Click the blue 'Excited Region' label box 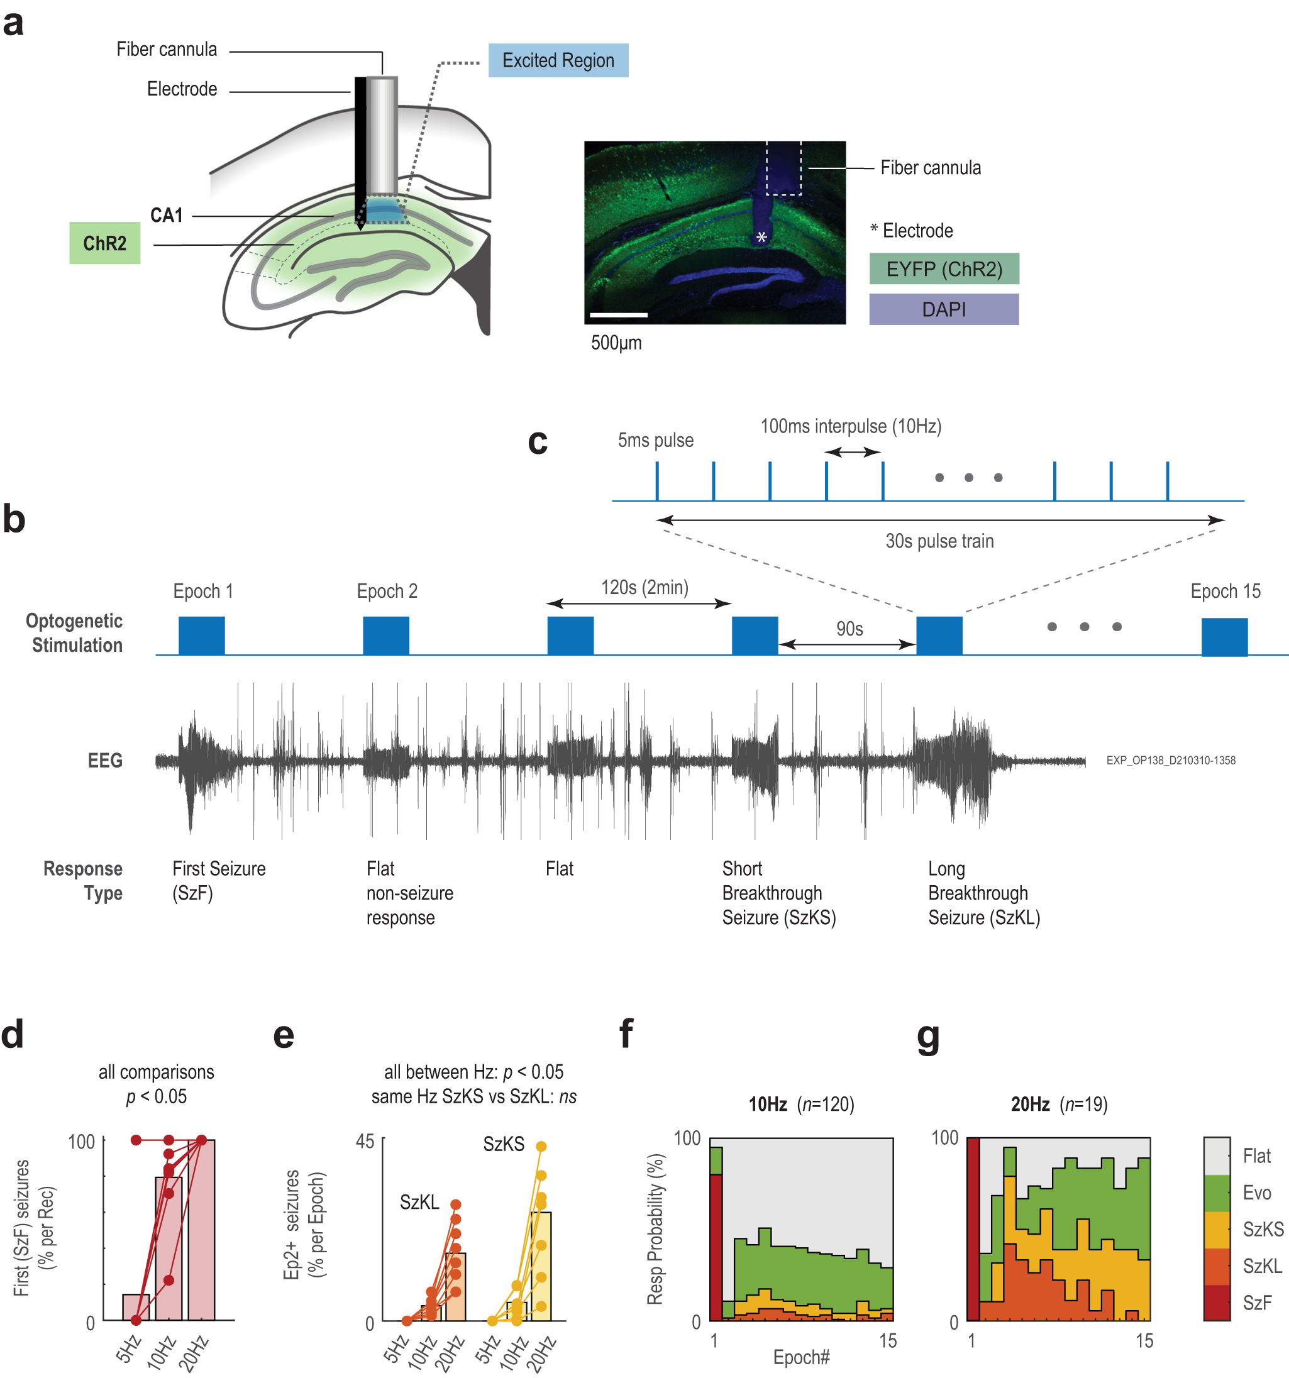tap(558, 60)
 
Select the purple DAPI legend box tap(943, 309)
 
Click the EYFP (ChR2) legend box tap(943, 269)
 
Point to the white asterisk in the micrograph tap(761, 238)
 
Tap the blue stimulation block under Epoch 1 tap(201, 635)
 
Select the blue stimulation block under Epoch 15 tap(1224, 636)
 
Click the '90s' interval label tap(849, 629)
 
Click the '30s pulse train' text tap(939, 541)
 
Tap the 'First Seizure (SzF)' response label tap(218, 880)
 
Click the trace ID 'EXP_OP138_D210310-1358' tap(1170, 761)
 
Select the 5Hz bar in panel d tap(136, 1308)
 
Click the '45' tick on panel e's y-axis tap(365, 1142)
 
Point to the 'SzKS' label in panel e tap(504, 1144)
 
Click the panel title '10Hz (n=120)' tap(801, 1104)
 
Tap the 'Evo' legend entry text tap(1256, 1193)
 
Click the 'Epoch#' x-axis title tap(801, 1357)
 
